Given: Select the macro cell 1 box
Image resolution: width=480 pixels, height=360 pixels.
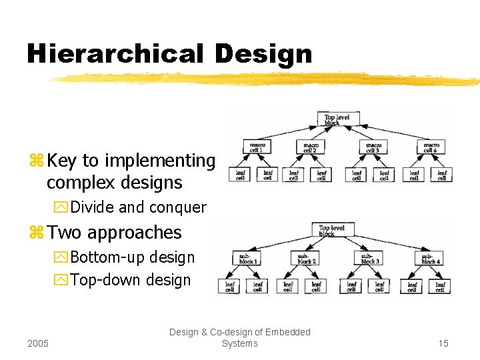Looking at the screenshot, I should coord(256,146).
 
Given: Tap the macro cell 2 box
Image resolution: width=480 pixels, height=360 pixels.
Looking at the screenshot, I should coord(310,146).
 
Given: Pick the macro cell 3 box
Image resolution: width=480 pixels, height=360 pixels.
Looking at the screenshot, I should coord(373,146).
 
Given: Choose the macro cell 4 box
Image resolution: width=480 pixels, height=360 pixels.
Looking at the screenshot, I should coord(431,146).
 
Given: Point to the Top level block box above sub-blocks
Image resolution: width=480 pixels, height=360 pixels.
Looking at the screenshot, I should coord(331,231).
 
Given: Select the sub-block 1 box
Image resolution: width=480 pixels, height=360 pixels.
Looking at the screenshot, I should coord(247,258).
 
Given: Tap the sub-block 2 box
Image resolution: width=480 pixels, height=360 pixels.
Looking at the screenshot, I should coord(306,258).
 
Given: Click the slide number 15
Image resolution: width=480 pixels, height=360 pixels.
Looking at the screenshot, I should coord(443,343).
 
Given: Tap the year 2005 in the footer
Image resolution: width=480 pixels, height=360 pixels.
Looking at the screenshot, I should coord(39,343).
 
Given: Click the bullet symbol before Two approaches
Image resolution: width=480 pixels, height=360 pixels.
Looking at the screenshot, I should coord(36,233).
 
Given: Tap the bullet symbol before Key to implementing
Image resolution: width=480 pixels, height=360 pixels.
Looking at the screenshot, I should coord(36,161).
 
